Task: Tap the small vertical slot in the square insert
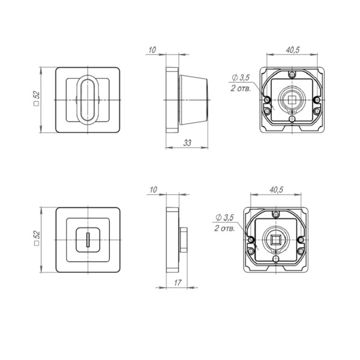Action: pos(88,241)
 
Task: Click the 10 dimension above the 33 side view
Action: pos(153,50)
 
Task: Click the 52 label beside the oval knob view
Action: pos(37,98)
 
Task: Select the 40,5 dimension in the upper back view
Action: pos(293,50)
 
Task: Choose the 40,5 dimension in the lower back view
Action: pos(276,190)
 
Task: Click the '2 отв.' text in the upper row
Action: pos(240,88)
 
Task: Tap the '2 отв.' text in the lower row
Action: pos(224,229)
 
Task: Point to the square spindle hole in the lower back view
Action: pos(275,240)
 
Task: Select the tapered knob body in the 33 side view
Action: pos(193,99)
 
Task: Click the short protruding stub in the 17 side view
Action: pos(184,240)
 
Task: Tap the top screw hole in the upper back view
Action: pos(292,75)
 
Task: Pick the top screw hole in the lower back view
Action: pos(275,215)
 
